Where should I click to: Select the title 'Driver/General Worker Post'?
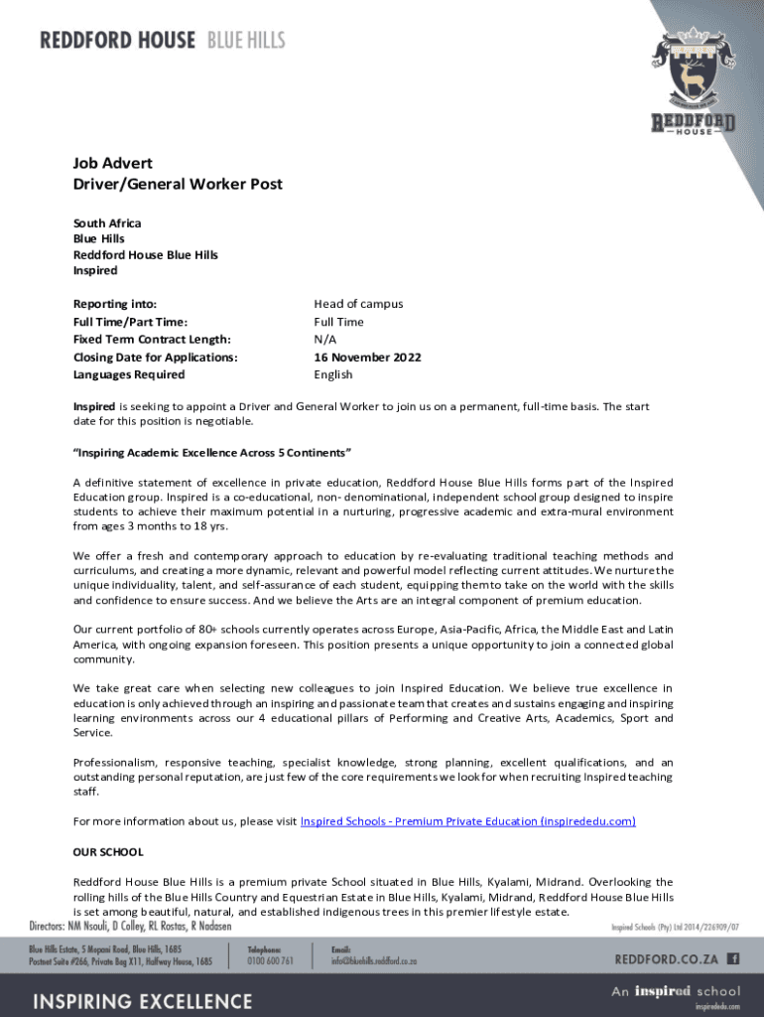pyautogui.click(x=178, y=184)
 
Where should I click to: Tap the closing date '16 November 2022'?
pyautogui.click(x=367, y=357)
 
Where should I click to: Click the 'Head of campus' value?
pyautogui.click(x=358, y=304)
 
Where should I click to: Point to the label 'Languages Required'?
pyautogui.click(x=129, y=374)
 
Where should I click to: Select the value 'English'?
pyautogui.click(x=333, y=374)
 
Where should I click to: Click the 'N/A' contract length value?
pyautogui.click(x=324, y=340)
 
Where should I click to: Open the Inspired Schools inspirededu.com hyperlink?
pyautogui.click(x=467, y=821)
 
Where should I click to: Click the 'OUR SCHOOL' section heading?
pyautogui.click(x=108, y=852)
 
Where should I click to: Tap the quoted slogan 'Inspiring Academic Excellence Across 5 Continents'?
pyautogui.click(x=213, y=453)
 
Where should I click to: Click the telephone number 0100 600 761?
pyautogui.click(x=270, y=961)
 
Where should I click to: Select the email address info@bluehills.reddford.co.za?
pyautogui.click(x=374, y=961)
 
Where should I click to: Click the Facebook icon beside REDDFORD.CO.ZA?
pyautogui.click(x=733, y=958)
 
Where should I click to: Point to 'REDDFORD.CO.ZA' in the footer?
pyautogui.click(x=667, y=959)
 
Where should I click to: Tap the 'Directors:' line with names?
pyautogui.click(x=130, y=926)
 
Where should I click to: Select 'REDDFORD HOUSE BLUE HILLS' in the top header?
pyautogui.click(x=162, y=41)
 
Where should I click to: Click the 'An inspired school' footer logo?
pyautogui.click(x=675, y=991)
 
